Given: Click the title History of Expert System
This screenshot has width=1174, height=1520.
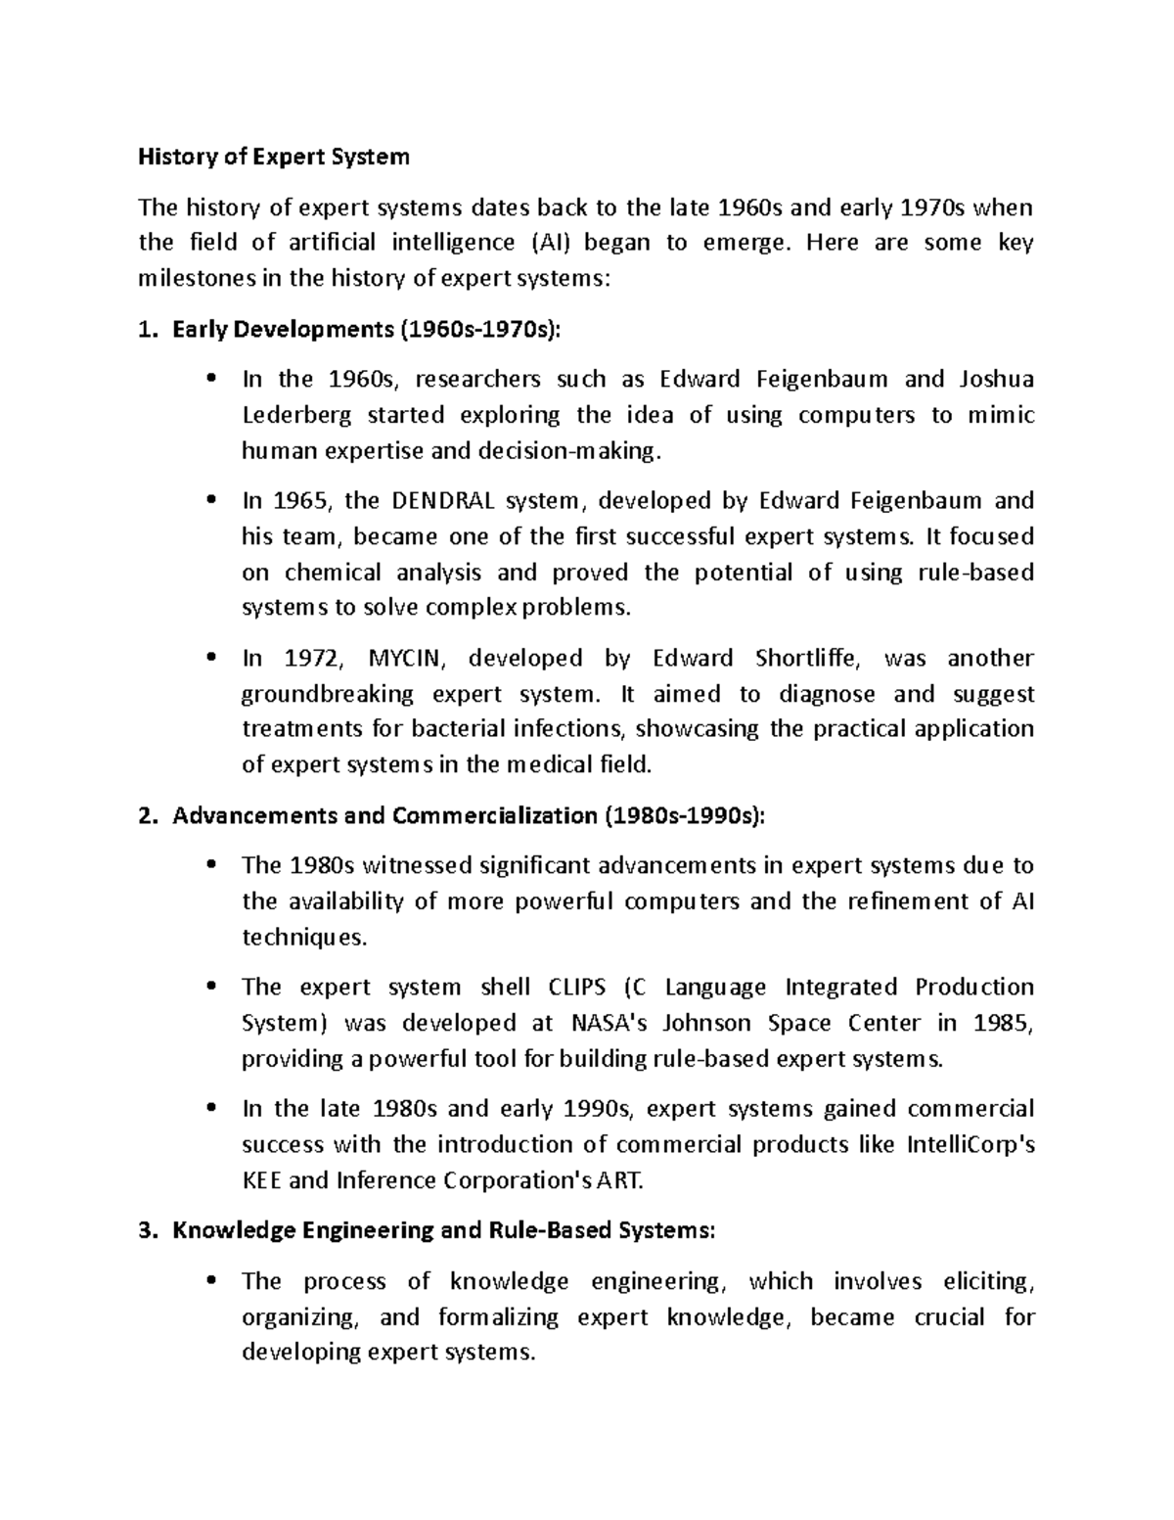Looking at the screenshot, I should [273, 157].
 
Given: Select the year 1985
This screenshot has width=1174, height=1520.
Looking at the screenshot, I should [1004, 1023].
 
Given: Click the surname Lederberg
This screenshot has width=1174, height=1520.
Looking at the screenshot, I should [293, 415].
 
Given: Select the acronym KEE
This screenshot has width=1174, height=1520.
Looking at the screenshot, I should [261, 1180].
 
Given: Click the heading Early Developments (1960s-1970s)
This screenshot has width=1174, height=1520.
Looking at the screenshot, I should [367, 330].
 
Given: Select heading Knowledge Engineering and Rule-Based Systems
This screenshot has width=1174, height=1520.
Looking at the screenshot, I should [443, 1231].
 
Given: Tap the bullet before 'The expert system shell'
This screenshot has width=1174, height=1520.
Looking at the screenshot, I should [211, 988].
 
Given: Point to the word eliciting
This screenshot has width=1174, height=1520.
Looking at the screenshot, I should [987, 1281].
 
